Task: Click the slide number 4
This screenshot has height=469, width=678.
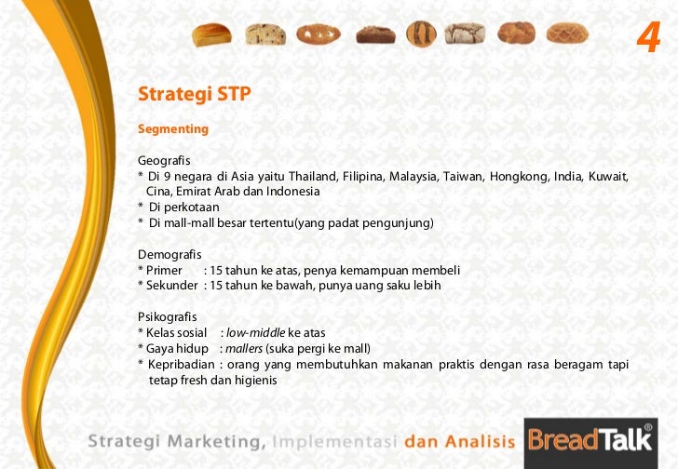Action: pyautogui.click(x=648, y=38)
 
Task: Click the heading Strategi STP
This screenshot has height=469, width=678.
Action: pyautogui.click(x=195, y=95)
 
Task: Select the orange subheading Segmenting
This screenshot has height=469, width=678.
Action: pyautogui.click(x=173, y=128)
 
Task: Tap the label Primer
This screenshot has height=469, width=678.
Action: pyautogui.click(x=163, y=270)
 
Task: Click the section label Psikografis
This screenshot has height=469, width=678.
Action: pyautogui.click(x=168, y=316)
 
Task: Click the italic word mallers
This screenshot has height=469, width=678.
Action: pyautogui.click(x=244, y=348)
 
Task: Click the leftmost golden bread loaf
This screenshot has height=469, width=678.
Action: pyautogui.click(x=211, y=34)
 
